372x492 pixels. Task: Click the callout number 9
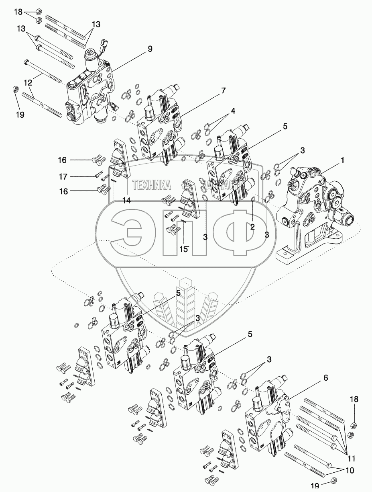[150, 49]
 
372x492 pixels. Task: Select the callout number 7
[223, 91]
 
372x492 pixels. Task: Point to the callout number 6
[325, 378]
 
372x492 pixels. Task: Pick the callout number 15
[183, 249]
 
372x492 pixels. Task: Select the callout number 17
[63, 176]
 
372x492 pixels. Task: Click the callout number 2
[252, 227]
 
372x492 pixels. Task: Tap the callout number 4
[233, 110]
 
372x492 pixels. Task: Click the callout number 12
[28, 83]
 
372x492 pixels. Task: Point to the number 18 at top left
[18, 12]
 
